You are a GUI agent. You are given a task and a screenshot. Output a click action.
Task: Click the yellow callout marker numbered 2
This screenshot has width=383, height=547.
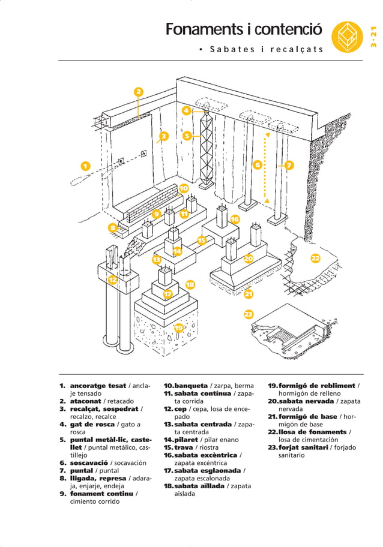pos(138,92)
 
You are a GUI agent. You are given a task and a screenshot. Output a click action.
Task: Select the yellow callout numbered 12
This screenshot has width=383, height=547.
pos(112,279)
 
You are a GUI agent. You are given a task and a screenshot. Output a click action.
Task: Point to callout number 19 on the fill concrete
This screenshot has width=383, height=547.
pos(178,327)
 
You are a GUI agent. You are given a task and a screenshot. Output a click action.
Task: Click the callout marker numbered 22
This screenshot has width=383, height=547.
pos(315,259)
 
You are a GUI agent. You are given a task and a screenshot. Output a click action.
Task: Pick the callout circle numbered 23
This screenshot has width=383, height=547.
pos(248,314)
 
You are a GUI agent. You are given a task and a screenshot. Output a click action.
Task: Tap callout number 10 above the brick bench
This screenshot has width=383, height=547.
pos(184,188)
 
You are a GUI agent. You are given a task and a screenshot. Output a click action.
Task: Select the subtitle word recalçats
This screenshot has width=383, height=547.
pos(297,49)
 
